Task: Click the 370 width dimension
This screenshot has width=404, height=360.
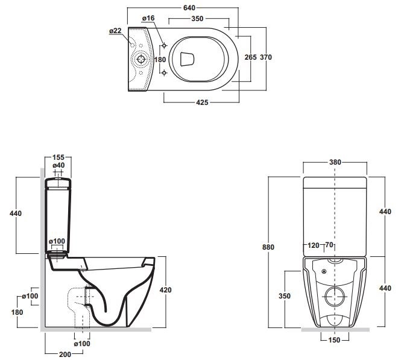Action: (266, 57)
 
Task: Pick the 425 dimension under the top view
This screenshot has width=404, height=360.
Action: (202, 103)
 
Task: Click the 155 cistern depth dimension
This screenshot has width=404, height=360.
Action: (58, 157)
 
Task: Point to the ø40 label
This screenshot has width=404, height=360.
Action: (58, 165)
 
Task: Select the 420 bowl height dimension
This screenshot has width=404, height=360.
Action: (165, 290)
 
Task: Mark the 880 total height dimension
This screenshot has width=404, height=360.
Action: (275, 247)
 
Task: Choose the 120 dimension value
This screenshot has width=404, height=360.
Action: (313, 246)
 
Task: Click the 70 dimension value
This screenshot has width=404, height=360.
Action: (330, 246)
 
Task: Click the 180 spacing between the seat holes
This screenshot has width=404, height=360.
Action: (160, 59)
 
